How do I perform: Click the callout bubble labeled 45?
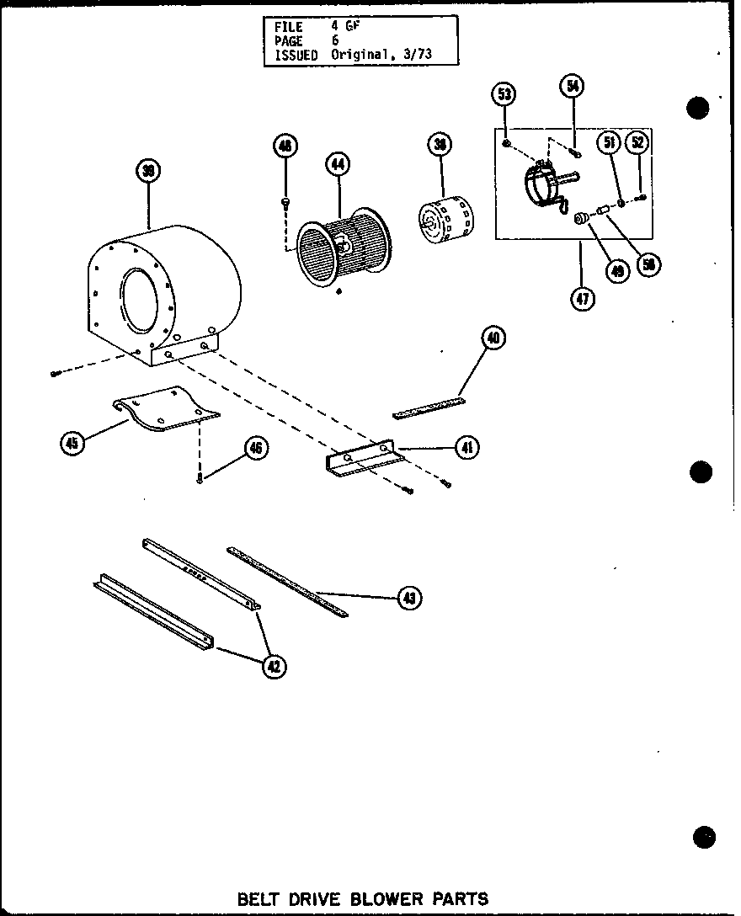pos(73,443)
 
